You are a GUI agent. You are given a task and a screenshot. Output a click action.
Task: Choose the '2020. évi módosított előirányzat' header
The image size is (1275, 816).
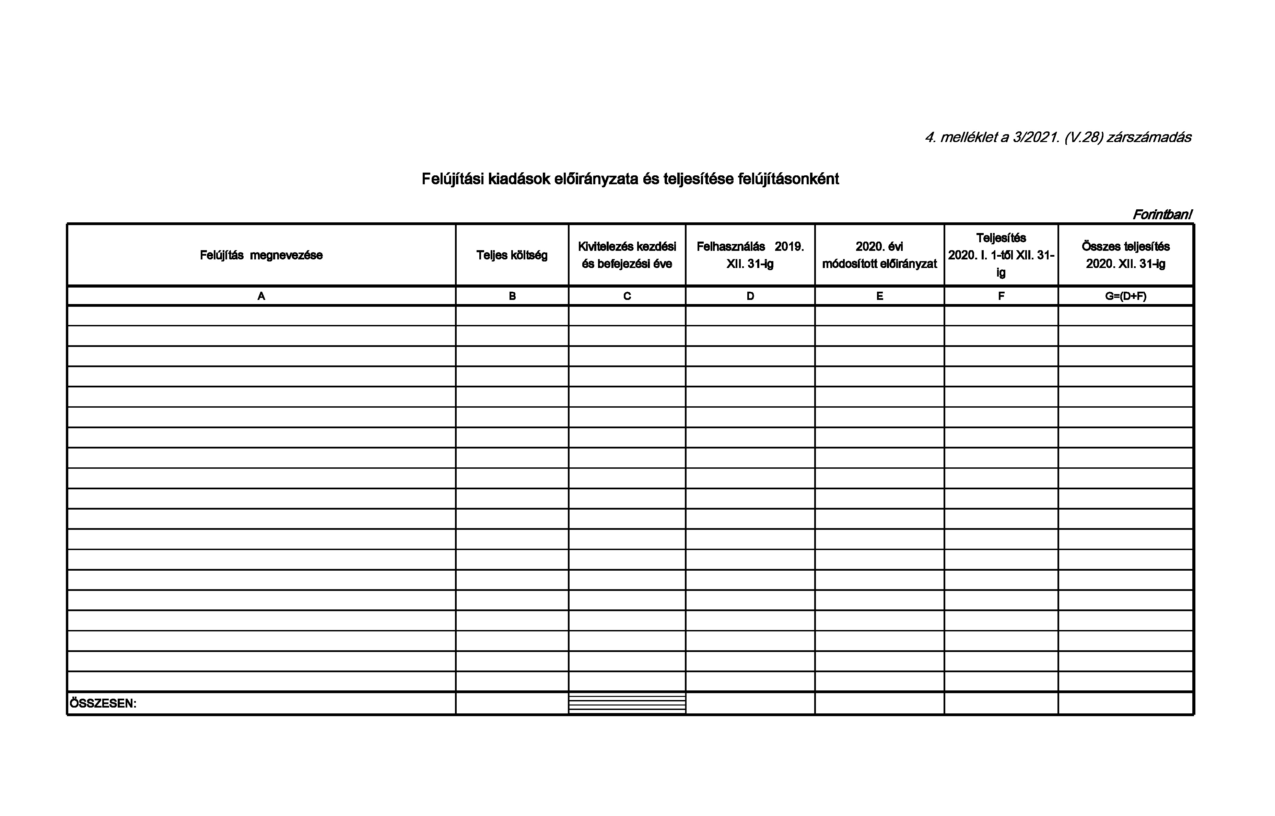[879, 255]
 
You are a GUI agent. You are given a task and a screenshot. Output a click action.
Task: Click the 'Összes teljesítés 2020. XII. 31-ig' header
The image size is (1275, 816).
[1126, 255]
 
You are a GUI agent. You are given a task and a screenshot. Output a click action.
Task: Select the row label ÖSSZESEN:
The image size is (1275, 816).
[103, 704]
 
